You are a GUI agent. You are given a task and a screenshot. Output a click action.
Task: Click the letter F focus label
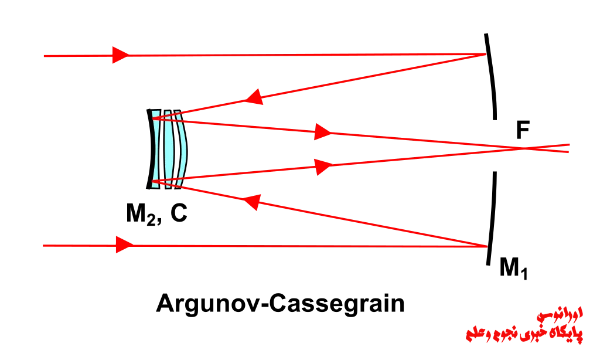[523, 130]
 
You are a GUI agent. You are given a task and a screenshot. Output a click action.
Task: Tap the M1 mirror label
[513, 268]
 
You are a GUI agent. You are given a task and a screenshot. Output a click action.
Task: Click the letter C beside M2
[179, 213]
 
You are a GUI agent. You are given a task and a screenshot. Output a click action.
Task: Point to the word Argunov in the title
[210, 304]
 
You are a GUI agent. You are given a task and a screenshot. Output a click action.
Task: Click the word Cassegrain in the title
[337, 304]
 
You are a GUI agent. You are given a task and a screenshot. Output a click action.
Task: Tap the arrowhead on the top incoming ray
[121, 55]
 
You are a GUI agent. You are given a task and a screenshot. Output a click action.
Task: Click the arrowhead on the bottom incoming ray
[124, 244]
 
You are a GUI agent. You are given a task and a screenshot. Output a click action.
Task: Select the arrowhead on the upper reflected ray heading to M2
[254, 97]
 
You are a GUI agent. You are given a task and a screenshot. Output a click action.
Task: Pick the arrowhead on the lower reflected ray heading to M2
[253, 202]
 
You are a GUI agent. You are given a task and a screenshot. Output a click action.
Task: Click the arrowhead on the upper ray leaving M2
[323, 132]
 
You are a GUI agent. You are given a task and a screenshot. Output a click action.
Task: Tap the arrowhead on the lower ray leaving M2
[323, 167]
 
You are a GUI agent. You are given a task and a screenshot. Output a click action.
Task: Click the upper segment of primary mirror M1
[492, 77]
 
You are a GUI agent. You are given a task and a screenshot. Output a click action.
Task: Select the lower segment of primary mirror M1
[492, 218]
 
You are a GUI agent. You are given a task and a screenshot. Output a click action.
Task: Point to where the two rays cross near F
[525, 148]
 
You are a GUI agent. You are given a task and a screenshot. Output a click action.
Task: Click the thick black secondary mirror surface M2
[149, 149]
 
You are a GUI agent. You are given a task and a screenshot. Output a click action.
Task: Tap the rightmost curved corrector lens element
[182, 149]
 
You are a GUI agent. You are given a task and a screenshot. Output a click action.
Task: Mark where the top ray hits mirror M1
[486, 55]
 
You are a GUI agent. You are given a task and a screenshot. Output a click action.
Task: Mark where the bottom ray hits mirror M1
[488, 246]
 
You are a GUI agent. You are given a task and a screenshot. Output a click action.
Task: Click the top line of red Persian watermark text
[560, 315]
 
